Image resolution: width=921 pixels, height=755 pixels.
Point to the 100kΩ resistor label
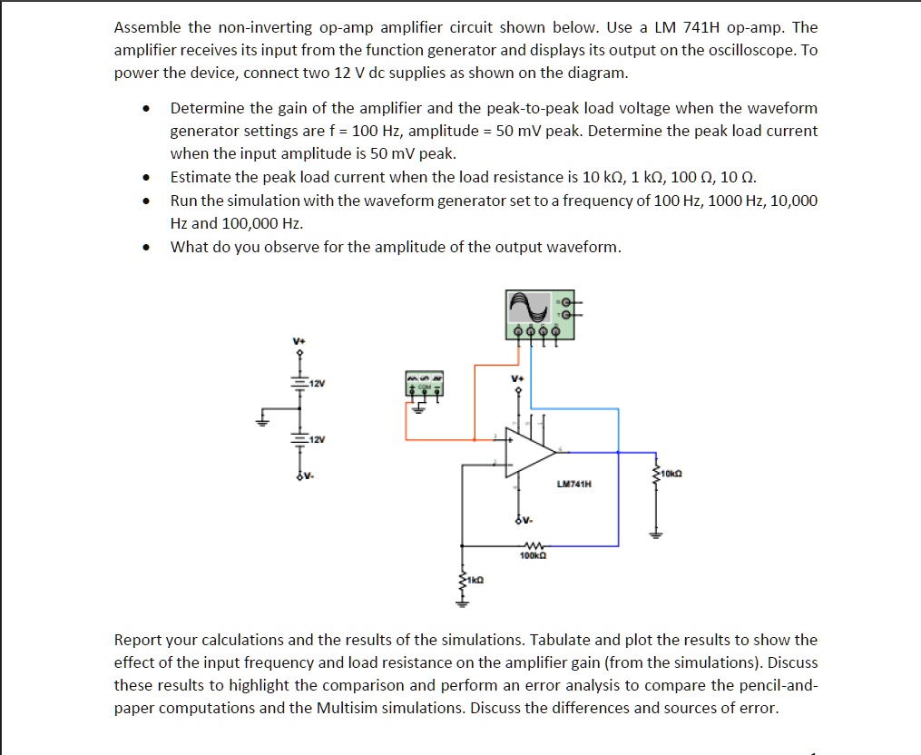click(532, 554)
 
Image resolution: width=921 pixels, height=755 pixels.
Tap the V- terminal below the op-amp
click(523, 521)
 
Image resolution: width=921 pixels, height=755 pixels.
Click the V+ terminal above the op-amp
click(518, 377)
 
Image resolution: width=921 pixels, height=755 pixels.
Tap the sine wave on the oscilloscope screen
click(530, 310)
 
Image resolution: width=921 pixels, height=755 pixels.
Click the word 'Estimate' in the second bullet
click(200, 177)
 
